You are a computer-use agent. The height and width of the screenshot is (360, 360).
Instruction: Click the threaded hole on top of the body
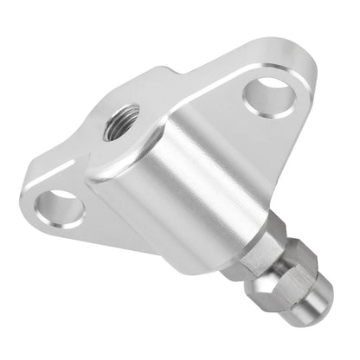click(x=119, y=123)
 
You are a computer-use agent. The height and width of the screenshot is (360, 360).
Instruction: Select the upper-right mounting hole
click(x=269, y=96)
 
